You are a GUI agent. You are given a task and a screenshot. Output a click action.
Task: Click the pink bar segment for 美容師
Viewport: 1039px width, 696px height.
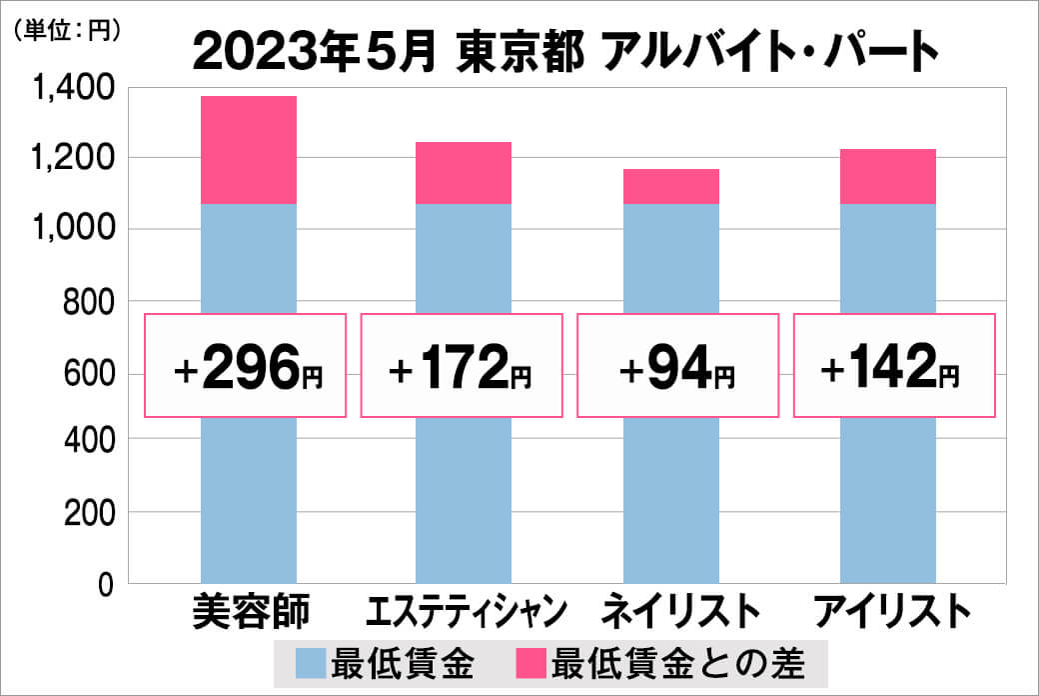tap(249, 150)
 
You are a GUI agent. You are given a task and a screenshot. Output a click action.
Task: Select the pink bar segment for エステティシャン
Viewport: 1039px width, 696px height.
tap(463, 173)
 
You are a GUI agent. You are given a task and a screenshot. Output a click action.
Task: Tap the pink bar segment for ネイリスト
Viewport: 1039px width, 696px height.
tap(670, 186)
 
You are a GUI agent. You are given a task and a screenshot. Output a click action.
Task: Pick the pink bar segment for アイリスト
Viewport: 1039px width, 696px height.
tap(887, 177)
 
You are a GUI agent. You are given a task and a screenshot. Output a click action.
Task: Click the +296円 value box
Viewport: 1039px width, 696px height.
tap(247, 365)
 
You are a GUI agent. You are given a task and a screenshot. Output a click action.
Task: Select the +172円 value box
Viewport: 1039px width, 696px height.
tap(461, 365)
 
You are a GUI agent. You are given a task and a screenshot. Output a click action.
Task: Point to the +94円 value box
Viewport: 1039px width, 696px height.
tap(678, 365)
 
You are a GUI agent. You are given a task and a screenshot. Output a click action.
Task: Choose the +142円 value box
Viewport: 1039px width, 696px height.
tap(894, 365)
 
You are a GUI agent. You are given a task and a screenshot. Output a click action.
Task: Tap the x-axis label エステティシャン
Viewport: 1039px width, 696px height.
tap(468, 610)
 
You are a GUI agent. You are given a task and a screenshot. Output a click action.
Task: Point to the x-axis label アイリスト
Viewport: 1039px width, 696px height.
tap(892, 610)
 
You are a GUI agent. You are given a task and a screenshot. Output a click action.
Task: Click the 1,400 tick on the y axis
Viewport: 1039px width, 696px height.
tap(74, 90)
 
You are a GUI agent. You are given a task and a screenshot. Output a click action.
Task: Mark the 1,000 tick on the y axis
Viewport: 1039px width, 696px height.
tap(74, 230)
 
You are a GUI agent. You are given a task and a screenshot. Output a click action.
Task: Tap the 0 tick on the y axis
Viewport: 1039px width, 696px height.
tap(107, 584)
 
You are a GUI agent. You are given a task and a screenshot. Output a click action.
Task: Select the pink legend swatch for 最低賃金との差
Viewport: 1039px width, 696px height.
tap(531, 663)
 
